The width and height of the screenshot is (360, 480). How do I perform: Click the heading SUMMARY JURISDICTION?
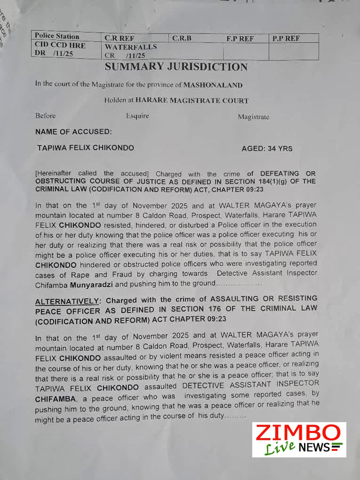[x=176, y=67]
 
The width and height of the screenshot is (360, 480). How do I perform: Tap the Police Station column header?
[x=57, y=36]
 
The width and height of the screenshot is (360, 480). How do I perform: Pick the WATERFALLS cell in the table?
[x=131, y=47]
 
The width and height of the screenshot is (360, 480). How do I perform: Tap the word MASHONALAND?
[x=213, y=85]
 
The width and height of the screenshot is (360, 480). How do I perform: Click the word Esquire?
[x=137, y=116]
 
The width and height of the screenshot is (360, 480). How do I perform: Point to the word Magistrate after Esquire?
[x=253, y=117]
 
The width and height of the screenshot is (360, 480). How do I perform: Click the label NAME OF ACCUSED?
[x=73, y=132]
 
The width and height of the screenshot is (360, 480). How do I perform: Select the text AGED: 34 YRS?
[x=267, y=148]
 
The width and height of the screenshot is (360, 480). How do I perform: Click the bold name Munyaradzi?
[x=92, y=284]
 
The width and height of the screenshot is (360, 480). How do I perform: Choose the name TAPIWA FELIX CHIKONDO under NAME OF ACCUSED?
[x=86, y=148]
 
